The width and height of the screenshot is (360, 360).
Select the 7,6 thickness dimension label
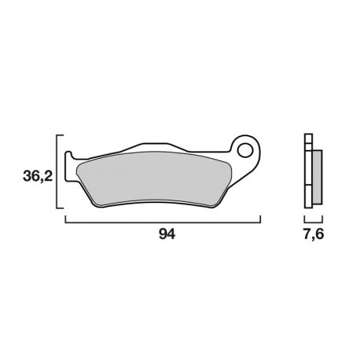click(x=311, y=235)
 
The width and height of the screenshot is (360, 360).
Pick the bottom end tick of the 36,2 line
click(x=60, y=209)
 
